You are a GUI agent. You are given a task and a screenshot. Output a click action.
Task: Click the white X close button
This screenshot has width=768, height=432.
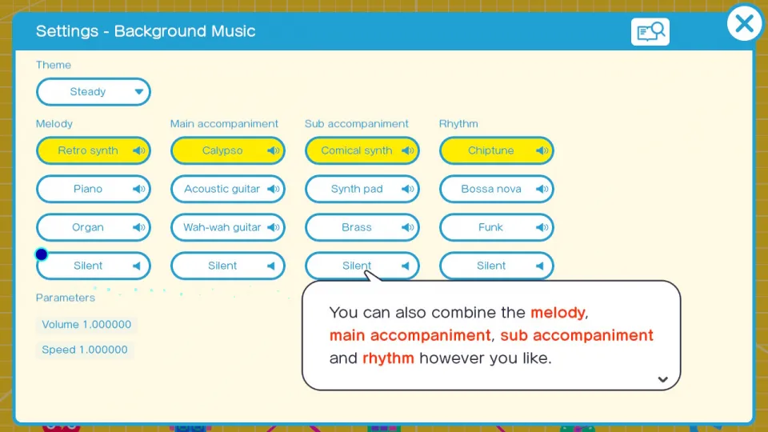[x=745, y=23]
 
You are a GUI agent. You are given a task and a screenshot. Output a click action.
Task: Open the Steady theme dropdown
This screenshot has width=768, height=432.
[x=93, y=91]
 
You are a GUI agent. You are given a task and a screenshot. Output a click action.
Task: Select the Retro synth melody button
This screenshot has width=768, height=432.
[x=93, y=150]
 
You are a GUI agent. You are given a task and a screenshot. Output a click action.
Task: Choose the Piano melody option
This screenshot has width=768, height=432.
[x=93, y=189]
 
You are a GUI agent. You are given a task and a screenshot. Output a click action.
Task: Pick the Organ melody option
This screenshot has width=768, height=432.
[x=93, y=227]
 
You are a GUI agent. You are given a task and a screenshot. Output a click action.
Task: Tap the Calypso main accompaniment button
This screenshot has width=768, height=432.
[x=228, y=150]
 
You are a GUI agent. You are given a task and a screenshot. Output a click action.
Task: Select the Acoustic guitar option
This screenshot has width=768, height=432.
[x=228, y=189]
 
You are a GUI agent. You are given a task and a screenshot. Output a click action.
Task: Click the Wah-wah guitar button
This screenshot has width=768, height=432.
[x=228, y=227]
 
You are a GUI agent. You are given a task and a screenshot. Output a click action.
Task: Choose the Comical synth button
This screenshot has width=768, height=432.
[x=362, y=150]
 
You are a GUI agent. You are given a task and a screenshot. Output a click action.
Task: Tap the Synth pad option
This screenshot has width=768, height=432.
[x=362, y=189]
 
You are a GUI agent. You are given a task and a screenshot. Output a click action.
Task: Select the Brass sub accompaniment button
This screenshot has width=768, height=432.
[x=362, y=227]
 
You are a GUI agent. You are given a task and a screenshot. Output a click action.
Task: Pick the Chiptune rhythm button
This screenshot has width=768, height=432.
[x=497, y=150]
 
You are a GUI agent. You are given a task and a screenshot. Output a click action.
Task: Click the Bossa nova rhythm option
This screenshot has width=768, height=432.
[x=497, y=189]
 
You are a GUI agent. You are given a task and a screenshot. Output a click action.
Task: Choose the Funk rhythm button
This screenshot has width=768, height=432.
[x=497, y=227]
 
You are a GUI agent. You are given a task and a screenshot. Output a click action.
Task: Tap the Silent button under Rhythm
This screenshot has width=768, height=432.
[x=497, y=266]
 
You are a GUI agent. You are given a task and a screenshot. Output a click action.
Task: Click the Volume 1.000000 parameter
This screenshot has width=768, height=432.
[x=86, y=324]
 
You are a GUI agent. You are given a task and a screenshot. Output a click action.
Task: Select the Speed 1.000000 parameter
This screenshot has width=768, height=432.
[x=85, y=350]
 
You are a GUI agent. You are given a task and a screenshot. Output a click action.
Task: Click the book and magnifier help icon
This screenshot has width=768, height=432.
[x=650, y=32]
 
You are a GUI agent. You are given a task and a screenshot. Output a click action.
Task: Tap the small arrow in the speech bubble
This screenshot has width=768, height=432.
[x=662, y=379]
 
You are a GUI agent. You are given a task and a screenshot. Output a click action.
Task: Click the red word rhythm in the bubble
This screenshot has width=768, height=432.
[x=388, y=358]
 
